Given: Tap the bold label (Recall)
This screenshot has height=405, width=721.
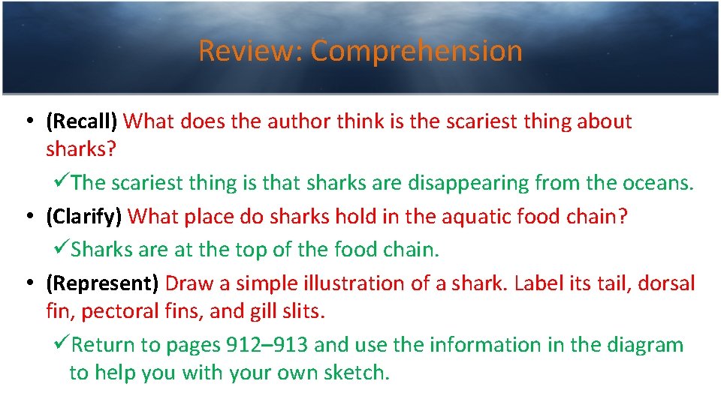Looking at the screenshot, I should [82, 121].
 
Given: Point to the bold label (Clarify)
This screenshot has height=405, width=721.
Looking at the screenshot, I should [83, 217].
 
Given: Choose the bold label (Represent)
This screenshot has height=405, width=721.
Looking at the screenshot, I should [102, 283].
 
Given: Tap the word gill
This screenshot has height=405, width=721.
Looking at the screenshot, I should [259, 310].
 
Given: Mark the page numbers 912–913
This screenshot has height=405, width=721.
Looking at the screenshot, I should [267, 345].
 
